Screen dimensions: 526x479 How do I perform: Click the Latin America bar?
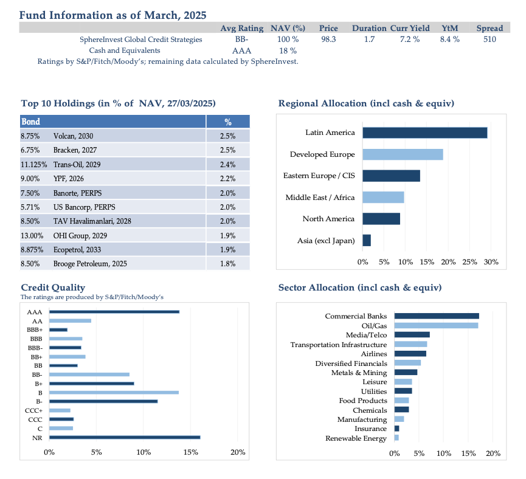tap(424, 133)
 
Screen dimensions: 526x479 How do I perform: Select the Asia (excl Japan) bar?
tap(367, 241)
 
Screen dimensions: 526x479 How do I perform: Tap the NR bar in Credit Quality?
tap(125, 438)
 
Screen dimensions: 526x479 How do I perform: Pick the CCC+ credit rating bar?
tap(60, 410)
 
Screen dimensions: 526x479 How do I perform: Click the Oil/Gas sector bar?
tap(436, 326)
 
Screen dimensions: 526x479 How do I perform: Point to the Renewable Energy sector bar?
tap(396, 438)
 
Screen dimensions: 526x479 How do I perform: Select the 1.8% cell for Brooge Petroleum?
tap(228, 264)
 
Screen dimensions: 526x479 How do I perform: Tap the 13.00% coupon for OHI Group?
tap(32, 236)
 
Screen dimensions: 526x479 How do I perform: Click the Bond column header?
tap(30, 122)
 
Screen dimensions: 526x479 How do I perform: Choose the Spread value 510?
tap(490, 40)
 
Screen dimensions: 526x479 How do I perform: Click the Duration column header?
tap(369, 28)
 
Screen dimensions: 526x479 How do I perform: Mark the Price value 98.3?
tap(328, 40)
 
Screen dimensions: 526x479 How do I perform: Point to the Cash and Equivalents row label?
tap(125, 50)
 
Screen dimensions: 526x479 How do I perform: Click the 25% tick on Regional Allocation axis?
tap(469, 262)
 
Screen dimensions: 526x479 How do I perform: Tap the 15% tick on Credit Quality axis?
tap(190, 452)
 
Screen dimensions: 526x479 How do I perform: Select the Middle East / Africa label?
tap(320, 198)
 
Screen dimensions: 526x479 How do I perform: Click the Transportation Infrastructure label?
tap(339, 345)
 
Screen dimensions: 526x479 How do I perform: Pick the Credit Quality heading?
tap(53, 288)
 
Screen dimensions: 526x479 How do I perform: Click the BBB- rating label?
tap(35, 348)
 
